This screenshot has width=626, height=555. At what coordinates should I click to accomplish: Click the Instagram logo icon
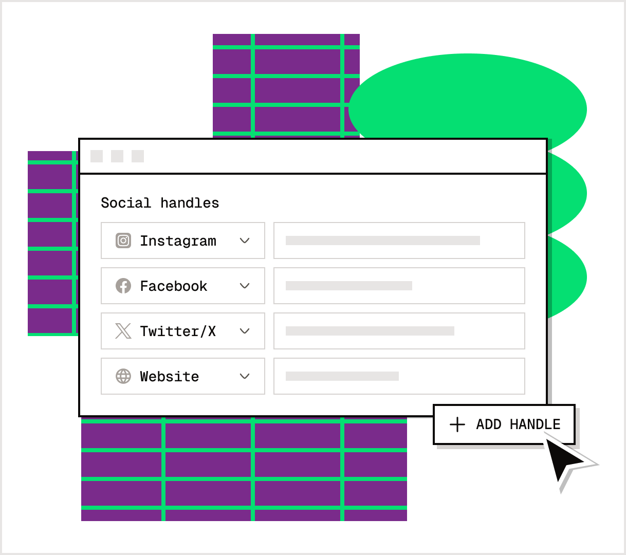123,240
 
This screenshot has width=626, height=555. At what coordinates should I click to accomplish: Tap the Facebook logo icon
123,286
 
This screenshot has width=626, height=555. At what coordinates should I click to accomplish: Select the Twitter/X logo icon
123,331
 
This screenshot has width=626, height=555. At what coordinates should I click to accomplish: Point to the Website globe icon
123,376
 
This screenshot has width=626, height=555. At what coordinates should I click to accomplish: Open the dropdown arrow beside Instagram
245,240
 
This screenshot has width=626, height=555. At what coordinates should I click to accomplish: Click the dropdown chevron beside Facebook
245,286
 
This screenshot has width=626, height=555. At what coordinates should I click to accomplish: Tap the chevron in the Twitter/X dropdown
245,331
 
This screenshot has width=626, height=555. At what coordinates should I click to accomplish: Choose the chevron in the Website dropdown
245,376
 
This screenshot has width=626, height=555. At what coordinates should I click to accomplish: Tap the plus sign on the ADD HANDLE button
457,424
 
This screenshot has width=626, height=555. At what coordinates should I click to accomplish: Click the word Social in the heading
126,203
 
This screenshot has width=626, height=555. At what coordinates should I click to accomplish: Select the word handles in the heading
190,203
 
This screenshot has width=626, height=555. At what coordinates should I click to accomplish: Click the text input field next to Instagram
399,240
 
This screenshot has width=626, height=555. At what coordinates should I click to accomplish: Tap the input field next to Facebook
399,286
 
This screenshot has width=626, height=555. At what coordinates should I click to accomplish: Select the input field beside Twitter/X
399,331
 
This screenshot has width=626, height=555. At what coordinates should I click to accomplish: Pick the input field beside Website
399,376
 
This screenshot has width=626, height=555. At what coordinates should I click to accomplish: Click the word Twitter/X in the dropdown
178,331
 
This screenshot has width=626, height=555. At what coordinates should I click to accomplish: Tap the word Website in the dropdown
169,377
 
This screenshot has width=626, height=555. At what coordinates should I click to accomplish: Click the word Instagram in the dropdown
178,241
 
